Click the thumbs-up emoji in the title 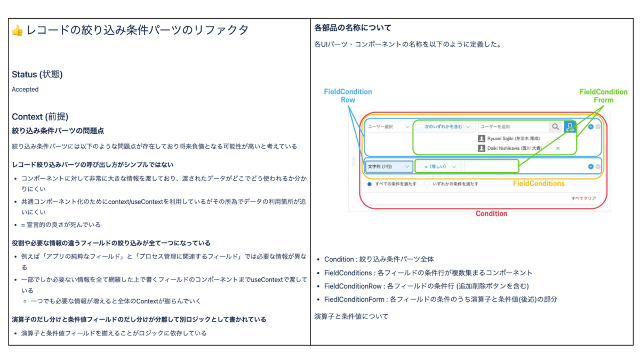point(18,31)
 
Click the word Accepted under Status point(25,90)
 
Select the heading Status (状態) point(37,75)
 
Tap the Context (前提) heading point(39,117)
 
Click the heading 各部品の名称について point(353,28)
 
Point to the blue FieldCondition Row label point(348,95)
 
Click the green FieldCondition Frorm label point(603,95)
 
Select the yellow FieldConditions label point(539,183)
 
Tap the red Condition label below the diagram point(491,213)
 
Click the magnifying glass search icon point(555,127)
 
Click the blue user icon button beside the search point(570,127)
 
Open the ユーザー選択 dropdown point(388,127)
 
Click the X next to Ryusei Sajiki point(558,139)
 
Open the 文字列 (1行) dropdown point(389,166)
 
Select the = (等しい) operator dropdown point(440,166)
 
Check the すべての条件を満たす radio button point(370,184)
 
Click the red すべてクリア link point(583,198)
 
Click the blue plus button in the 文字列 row point(590,166)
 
